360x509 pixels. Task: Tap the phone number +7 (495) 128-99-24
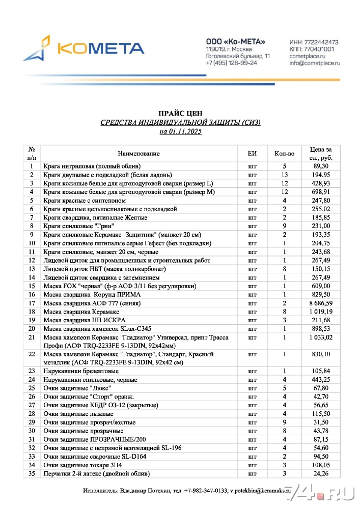click(231, 63)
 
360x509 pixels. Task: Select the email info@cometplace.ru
click(315, 63)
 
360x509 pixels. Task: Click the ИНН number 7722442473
click(322, 42)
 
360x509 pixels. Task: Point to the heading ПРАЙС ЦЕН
click(180, 114)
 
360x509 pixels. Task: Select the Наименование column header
click(139, 153)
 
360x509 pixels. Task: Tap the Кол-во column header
click(284, 153)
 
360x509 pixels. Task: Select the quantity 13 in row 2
click(284, 175)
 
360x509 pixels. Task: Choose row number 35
click(32, 474)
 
